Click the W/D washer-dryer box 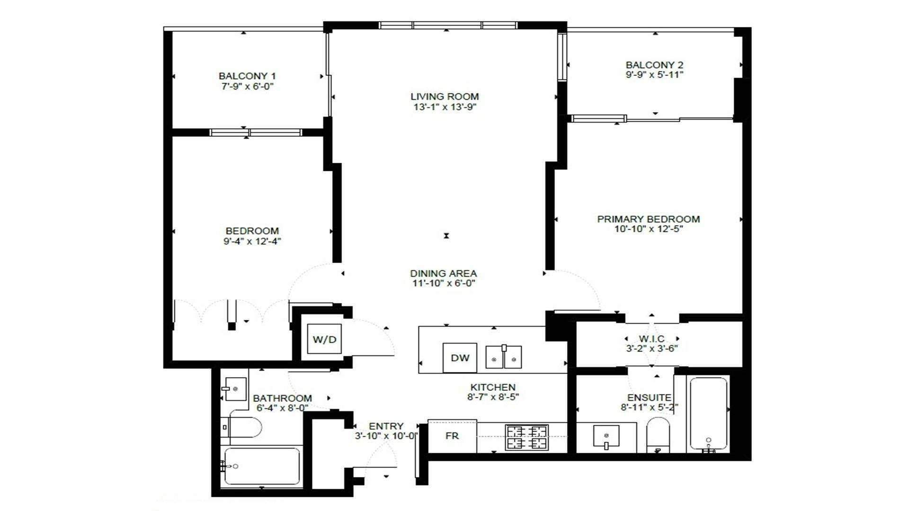(324, 339)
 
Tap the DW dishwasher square (459, 358)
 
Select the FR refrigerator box (452, 436)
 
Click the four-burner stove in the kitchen (526, 437)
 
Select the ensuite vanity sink (606, 436)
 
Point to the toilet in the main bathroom (242, 428)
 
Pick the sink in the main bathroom (234, 389)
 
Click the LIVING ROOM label (445, 97)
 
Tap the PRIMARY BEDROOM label (648, 219)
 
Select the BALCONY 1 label (247, 76)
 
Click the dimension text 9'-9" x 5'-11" (654, 75)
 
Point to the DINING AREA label (443, 273)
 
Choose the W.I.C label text (651, 339)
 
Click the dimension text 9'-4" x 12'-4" (252, 241)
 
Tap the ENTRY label (386, 426)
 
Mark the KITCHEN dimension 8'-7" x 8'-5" (493, 397)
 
